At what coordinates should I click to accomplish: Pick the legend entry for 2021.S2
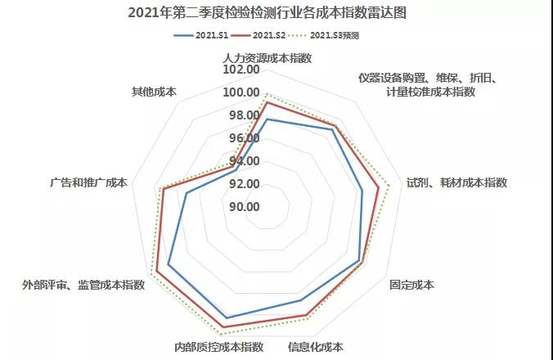pos(274,36)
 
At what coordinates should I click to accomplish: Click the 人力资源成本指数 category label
pos(267,56)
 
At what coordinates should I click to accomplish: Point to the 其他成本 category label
pos(155,91)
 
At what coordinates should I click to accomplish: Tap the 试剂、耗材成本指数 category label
pos(457,182)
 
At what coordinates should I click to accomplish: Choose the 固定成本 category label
pos(411,286)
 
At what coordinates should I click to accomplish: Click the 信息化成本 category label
pos(315,346)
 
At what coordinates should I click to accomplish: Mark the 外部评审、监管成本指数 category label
pos(84,285)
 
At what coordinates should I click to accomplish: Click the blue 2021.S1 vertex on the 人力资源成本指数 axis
pos(267,119)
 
